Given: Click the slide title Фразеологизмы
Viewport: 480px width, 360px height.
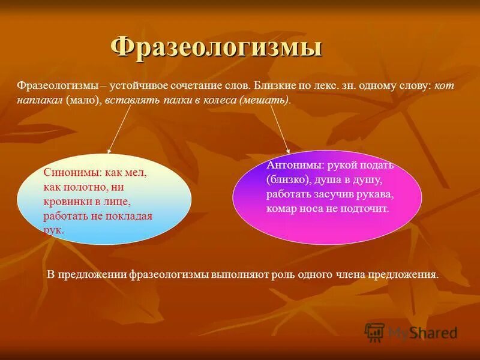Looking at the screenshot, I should [217, 47].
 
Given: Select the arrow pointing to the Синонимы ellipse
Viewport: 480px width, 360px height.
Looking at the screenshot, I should [119, 130].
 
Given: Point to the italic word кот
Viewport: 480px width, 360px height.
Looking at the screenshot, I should [444, 86].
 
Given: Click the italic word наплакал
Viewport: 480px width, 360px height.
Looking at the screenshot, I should [40, 100].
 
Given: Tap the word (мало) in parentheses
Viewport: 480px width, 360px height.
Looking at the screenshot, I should [83, 100].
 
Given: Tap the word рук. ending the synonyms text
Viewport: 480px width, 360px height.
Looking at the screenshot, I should [53, 230].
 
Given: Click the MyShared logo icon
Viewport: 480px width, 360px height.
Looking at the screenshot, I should [374, 332].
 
